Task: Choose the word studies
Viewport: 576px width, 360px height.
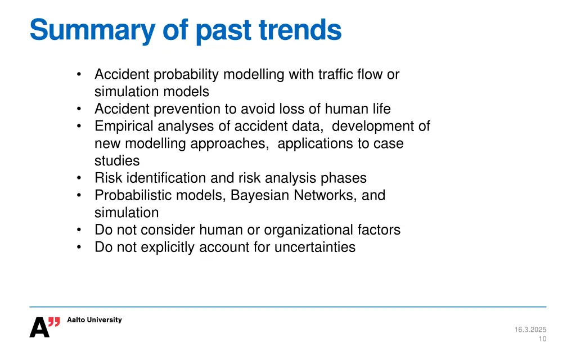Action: (x=116, y=161)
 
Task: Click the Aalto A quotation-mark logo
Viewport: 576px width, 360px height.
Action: (x=44, y=327)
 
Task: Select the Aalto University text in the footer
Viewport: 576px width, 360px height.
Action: (x=94, y=320)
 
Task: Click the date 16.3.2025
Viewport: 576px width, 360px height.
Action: (x=530, y=330)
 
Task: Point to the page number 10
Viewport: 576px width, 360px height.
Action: (x=542, y=339)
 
